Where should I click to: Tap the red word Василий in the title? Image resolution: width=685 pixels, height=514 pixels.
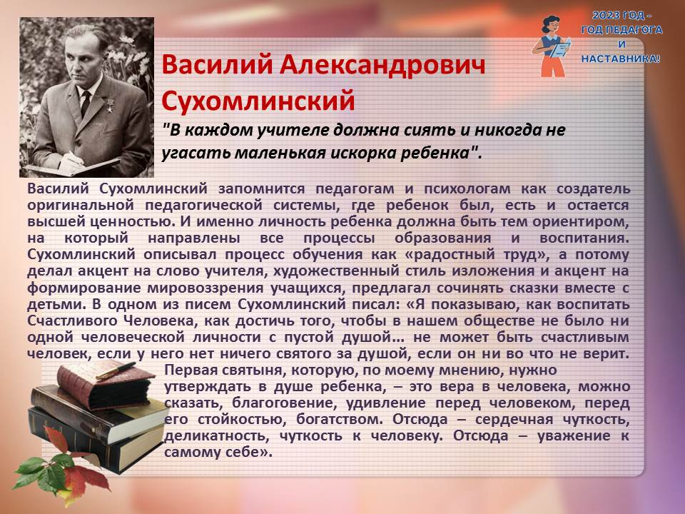pyautogui.click(x=217, y=65)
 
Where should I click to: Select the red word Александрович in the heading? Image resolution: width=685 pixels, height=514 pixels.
pyautogui.click(x=382, y=65)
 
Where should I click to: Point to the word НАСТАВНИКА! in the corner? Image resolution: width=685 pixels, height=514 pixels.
pyautogui.click(x=620, y=59)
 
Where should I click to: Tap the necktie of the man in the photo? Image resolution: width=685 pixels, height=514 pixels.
pyautogui.click(x=86, y=103)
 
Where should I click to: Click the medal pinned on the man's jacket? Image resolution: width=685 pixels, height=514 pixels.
pyautogui.click(x=108, y=104)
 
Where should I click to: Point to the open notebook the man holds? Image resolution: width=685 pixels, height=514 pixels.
pyautogui.click(x=73, y=166)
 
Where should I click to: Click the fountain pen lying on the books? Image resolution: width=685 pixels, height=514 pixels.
pyautogui.click(x=116, y=371)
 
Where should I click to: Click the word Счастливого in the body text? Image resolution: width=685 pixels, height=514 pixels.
pyautogui.click(x=69, y=321)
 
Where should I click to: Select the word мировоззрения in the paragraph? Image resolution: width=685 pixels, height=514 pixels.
pyautogui.click(x=205, y=288)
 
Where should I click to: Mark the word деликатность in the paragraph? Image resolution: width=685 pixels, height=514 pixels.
pyautogui.click(x=217, y=435)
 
